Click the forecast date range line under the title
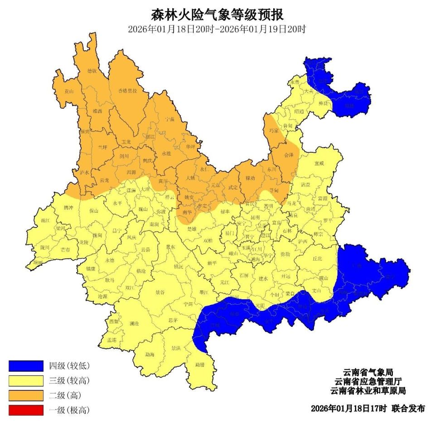click(217, 29)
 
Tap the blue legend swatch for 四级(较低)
click(26, 366)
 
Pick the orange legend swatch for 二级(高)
click(26, 395)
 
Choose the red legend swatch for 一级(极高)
click(26, 410)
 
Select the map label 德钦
click(92, 71)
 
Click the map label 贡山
click(68, 91)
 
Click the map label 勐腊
click(200, 364)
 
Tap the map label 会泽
click(289, 155)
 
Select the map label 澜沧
click(134, 324)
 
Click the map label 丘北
click(318, 258)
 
